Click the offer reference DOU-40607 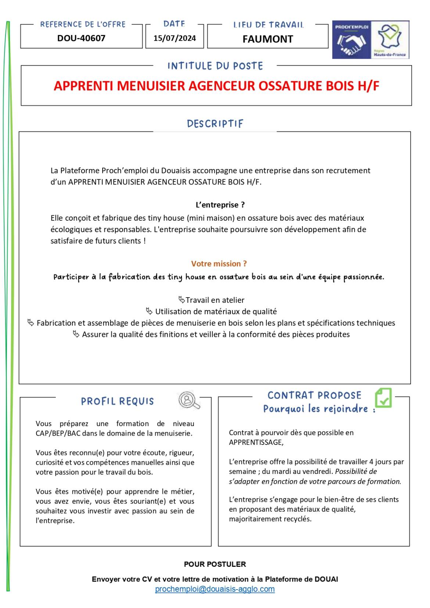[x=81, y=38]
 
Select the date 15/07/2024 [x=175, y=38]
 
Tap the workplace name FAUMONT [x=268, y=39]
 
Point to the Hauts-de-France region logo [x=390, y=40]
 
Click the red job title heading [x=216, y=86]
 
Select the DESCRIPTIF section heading [x=215, y=124]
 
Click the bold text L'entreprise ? [x=220, y=205]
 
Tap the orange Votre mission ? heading [x=219, y=264]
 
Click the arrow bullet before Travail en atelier [x=182, y=299]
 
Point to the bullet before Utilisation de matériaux [x=149, y=311]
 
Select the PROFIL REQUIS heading [x=117, y=401]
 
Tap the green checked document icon [x=383, y=398]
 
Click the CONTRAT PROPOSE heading [x=314, y=395]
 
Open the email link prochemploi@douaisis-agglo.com [x=215, y=589]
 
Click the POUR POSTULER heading [x=215, y=564]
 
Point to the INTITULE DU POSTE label [x=215, y=66]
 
